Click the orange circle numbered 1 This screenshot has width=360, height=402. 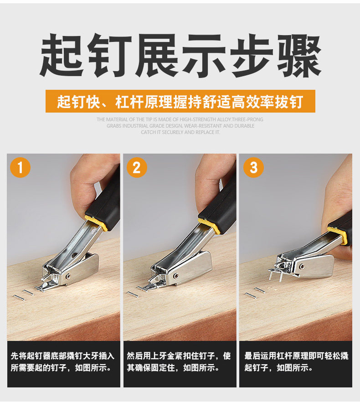[x=20, y=167]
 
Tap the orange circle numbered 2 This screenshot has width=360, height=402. [x=137, y=167]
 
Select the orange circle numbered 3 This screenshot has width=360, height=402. [x=253, y=167]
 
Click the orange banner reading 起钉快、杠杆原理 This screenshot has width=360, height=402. [x=180, y=101]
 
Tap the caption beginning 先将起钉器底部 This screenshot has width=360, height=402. [x=63, y=361]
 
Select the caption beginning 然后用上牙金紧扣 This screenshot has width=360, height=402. [x=179, y=361]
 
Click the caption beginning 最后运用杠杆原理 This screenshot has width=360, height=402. [x=296, y=361]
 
